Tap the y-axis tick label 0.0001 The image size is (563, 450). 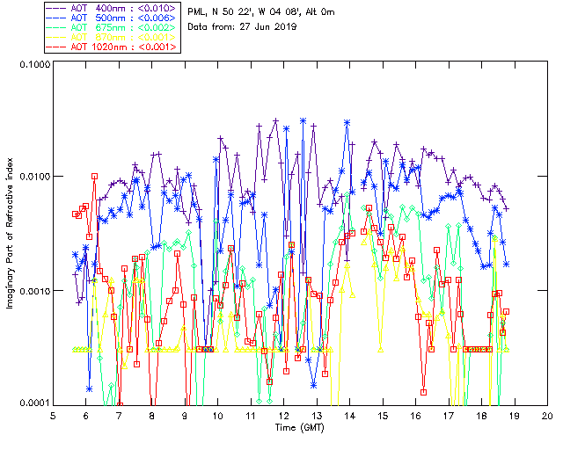[x=33, y=403]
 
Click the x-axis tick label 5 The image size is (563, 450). [x=54, y=415]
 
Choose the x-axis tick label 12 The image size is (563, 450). [x=284, y=415]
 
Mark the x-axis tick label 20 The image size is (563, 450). [x=547, y=415]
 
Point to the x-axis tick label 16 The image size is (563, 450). [x=415, y=415]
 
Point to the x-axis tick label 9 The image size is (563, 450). [x=186, y=415]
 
